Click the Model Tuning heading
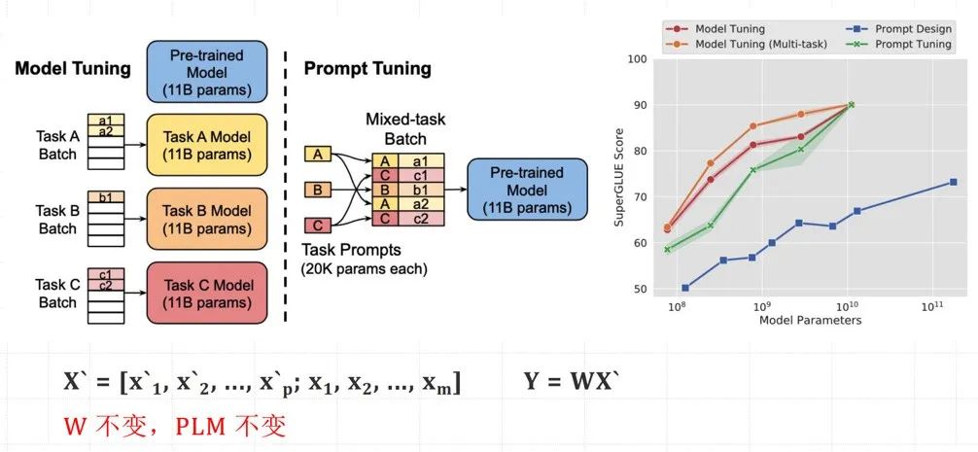click(x=73, y=69)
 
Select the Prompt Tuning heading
click(x=367, y=69)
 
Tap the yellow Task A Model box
click(x=207, y=145)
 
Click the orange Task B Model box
click(x=207, y=219)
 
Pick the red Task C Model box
click(x=207, y=293)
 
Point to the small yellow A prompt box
click(x=318, y=154)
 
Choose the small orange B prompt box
click(x=318, y=189)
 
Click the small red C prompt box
click(x=318, y=226)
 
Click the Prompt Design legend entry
click(x=899, y=29)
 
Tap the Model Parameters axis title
click(x=810, y=320)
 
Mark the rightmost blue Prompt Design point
click(x=953, y=182)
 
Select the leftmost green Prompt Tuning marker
click(x=667, y=250)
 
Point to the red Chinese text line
click(x=175, y=426)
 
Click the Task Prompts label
click(x=351, y=251)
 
